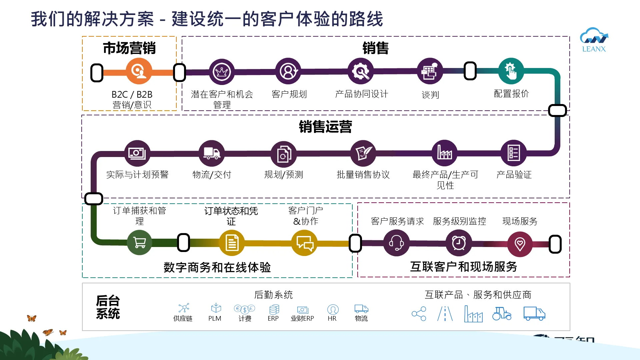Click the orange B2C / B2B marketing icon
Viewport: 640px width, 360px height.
(139, 71)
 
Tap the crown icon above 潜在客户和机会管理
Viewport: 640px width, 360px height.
(222, 72)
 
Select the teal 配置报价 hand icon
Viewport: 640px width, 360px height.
(511, 71)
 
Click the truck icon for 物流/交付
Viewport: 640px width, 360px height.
(211, 153)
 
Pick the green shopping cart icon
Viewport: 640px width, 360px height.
(139, 242)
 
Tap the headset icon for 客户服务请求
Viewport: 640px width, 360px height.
(396, 243)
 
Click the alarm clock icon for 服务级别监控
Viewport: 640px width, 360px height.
(459, 243)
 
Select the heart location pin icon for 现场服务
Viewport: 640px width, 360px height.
(520, 244)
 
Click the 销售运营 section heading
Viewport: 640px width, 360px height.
(325, 127)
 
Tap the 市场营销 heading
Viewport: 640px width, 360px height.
(129, 48)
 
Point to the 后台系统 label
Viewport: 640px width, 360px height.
(108, 307)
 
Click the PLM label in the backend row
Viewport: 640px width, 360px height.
(215, 319)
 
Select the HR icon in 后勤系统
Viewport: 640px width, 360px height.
(332, 310)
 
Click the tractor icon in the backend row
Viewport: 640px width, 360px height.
(502, 314)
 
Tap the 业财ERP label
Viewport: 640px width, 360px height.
(302, 319)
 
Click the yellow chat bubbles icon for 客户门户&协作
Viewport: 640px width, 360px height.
(305, 243)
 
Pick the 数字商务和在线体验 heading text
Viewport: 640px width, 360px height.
(217, 267)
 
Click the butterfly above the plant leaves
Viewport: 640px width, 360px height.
(32, 318)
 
